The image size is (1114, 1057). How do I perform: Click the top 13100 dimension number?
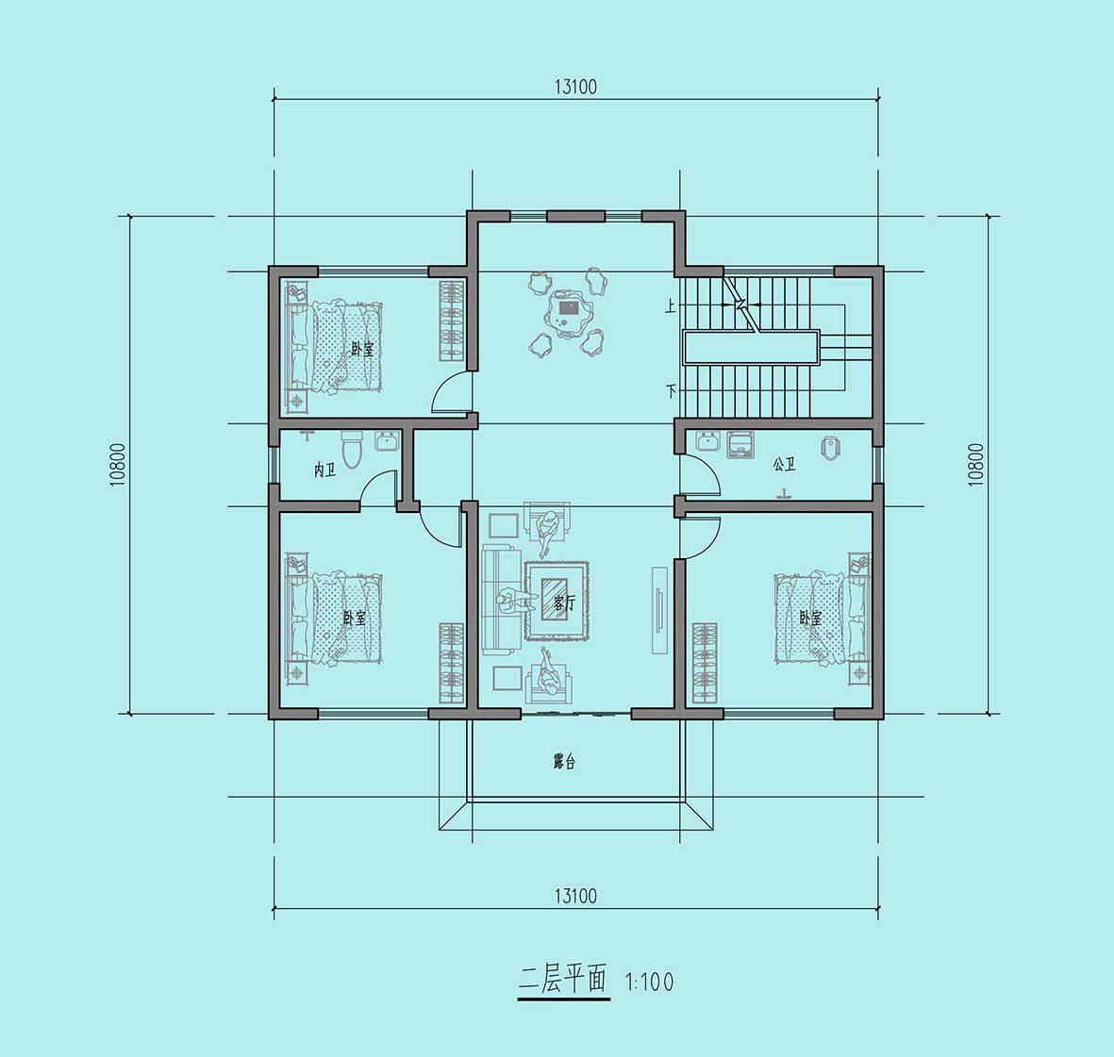pyautogui.click(x=575, y=87)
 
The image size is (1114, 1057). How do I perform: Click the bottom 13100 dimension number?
pyautogui.click(x=575, y=896)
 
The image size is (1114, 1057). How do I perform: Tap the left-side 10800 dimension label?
pyautogui.click(x=117, y=465)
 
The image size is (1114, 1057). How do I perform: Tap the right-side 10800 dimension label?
pyautogui.click(x=976, y=465)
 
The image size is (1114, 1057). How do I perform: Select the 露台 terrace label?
pyautogui.click(x=564, y=762)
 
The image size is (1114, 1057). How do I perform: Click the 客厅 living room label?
pyautogui.click(x=564, y=603)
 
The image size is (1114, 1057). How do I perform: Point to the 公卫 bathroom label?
pyautogui.click(x=785, y=465)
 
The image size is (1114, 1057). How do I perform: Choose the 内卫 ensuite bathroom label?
pyautogui.click(x=324, y=470)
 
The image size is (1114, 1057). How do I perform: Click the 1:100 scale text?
pyautogui.click(x=649, y=983)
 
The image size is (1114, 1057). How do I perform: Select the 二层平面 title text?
pyautogui.click(x=563, y=981)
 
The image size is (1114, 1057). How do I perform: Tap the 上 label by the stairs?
pyautogui.click(x=670, y=306)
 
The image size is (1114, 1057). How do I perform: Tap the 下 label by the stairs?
pyautogui.click(x=670, y=390)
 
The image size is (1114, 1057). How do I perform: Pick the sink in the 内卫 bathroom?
pyautogui.click(x=387, y=441)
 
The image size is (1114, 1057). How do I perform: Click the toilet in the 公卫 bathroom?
pyautogui.click(x=831, y=448)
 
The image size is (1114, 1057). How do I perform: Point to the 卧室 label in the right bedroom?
pyautogui.click(x=810, y=618)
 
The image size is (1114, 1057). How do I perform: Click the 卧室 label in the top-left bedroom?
pyautogui.click(x=362, y=350)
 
